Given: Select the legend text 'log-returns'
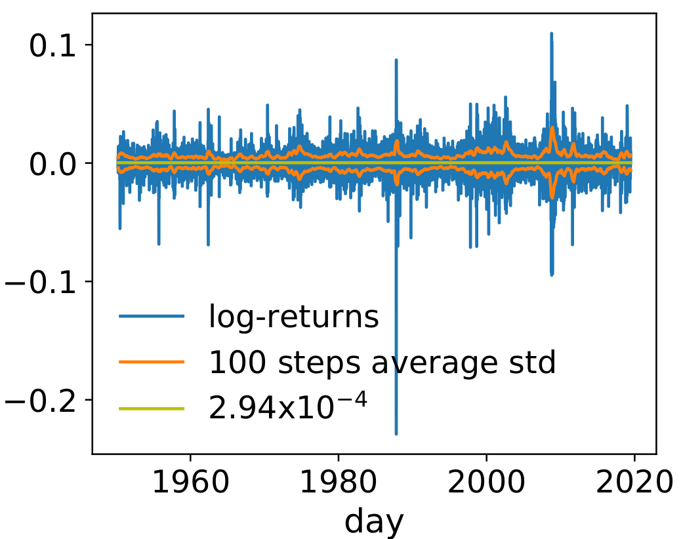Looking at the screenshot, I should tap(294, 317).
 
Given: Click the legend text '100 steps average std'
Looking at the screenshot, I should tap(382, 362).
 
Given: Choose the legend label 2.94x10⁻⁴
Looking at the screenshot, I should tap(287, 407).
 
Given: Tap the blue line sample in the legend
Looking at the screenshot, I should tap(152, 318).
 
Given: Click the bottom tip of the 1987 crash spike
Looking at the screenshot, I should tap(396, 433).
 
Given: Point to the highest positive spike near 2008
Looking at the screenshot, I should tap(551, 33).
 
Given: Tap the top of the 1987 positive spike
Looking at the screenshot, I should tap(396, 60).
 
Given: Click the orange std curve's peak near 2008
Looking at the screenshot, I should tap(552, 127).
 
